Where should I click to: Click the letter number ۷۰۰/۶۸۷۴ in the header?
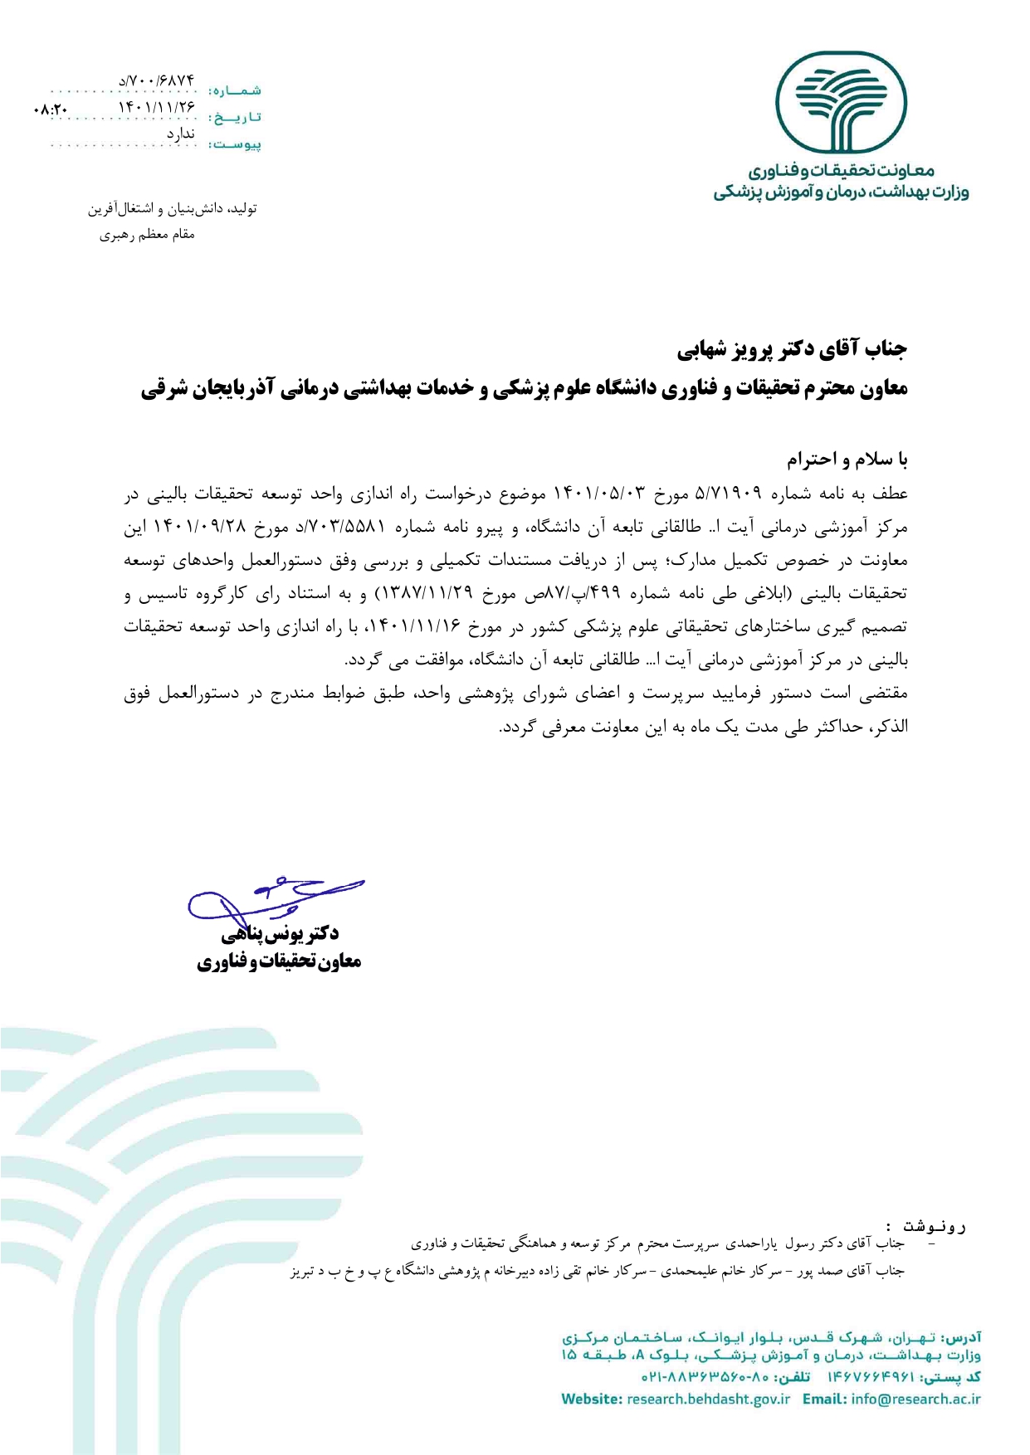pos(157,80)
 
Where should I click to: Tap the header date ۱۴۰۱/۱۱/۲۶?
pos(157,107)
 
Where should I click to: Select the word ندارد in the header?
pos(180,134)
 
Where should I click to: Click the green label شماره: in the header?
pos(235,90)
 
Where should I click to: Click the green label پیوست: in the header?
pos(235,144)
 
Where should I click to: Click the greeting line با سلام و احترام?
pos(847,460)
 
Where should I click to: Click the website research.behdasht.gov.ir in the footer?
pos(708,1399)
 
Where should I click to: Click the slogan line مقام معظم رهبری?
pos(147,235)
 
